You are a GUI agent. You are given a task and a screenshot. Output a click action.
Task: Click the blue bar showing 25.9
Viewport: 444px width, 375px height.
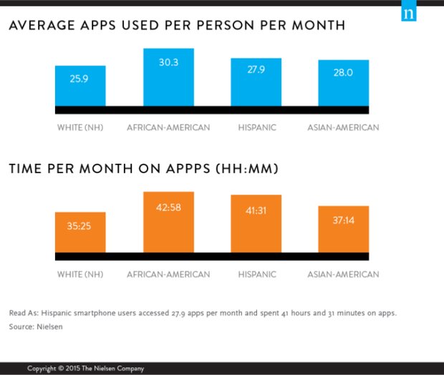tap(80, 86)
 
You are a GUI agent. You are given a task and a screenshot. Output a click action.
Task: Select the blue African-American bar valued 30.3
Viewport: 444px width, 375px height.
tap(168, 77)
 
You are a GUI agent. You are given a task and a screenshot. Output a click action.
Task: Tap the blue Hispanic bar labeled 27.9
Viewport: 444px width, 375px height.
tap(256, 82)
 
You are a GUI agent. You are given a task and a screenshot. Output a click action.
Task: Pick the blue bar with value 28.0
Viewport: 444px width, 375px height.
tap(344, 82)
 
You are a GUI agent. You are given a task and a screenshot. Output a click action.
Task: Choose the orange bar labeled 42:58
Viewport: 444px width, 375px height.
tap(168, 222)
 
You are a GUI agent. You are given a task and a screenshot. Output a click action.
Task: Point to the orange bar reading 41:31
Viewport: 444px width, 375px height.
tap(256, 223)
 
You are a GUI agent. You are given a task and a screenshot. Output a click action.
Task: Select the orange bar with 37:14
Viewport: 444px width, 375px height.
tap(344, 229)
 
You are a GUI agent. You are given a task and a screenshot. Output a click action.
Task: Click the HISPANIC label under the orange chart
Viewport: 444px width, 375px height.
tap(257, 274)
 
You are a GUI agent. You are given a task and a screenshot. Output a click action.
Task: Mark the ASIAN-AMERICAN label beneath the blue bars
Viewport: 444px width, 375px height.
tap(343, 128)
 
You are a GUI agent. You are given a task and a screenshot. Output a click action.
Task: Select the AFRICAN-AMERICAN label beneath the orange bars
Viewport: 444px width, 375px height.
tap(168, 274)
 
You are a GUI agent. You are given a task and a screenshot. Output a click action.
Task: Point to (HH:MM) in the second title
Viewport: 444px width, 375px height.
tap(248, 170)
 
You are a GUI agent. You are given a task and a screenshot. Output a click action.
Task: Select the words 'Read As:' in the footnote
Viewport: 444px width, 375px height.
tap(24, 313)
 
